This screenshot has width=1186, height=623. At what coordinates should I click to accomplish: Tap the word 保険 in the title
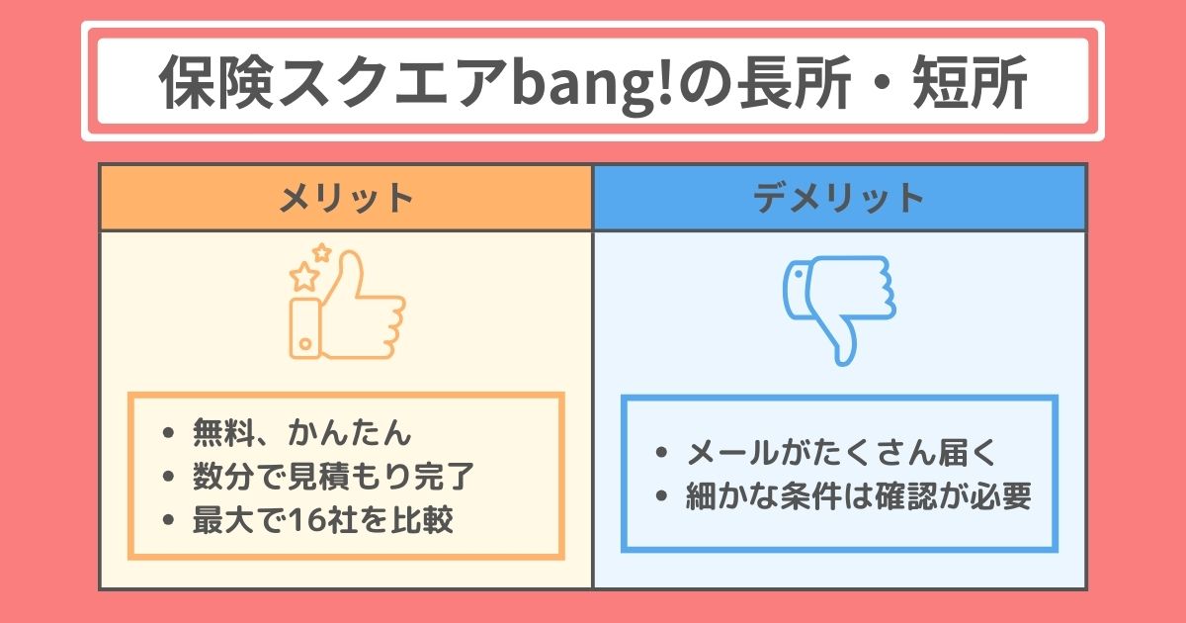pyautogui.click(x=216, y=83)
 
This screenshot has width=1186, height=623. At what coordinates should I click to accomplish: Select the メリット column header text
pyautogui.click(x=346, y=198)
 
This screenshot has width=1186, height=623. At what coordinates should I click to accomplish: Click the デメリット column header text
pyautogui.click(x=839, y=198)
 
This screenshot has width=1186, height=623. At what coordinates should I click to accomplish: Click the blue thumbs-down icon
pyautogui.click(x=839, y=311)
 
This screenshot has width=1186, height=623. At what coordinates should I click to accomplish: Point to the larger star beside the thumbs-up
pyautogui.click(x=304, y=277)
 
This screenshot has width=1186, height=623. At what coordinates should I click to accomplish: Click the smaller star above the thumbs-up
pyautogui.click(x=322, y=252)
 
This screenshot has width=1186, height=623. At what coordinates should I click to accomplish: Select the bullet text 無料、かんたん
pyautogui.click(x=301, y=432)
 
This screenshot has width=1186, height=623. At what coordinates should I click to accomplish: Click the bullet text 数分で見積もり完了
pyautogui.click(x=333, y=476)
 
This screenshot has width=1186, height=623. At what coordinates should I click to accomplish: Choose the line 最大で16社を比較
pyautogui.click(x=323, y=519)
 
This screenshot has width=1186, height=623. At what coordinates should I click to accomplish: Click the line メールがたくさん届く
pyautogui.click(x=841, y=453)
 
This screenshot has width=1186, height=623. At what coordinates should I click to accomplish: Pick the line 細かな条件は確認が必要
pyautogui.click(x=858, y=495)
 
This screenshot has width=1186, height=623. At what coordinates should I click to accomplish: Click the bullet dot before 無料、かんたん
pyautogui.click(x=168, y=433)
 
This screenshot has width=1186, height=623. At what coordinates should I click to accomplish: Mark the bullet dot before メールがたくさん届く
pyautogui.click(x=661, y=453)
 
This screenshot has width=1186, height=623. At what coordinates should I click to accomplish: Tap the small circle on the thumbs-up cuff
pyautogui.click(x=305, y=344)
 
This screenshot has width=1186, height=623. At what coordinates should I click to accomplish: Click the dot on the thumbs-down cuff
pyautogui.click(x=798, y=274)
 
